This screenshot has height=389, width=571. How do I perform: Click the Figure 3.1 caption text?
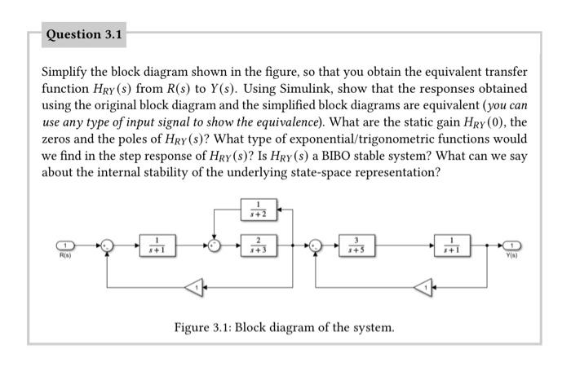(x=284, y=327)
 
